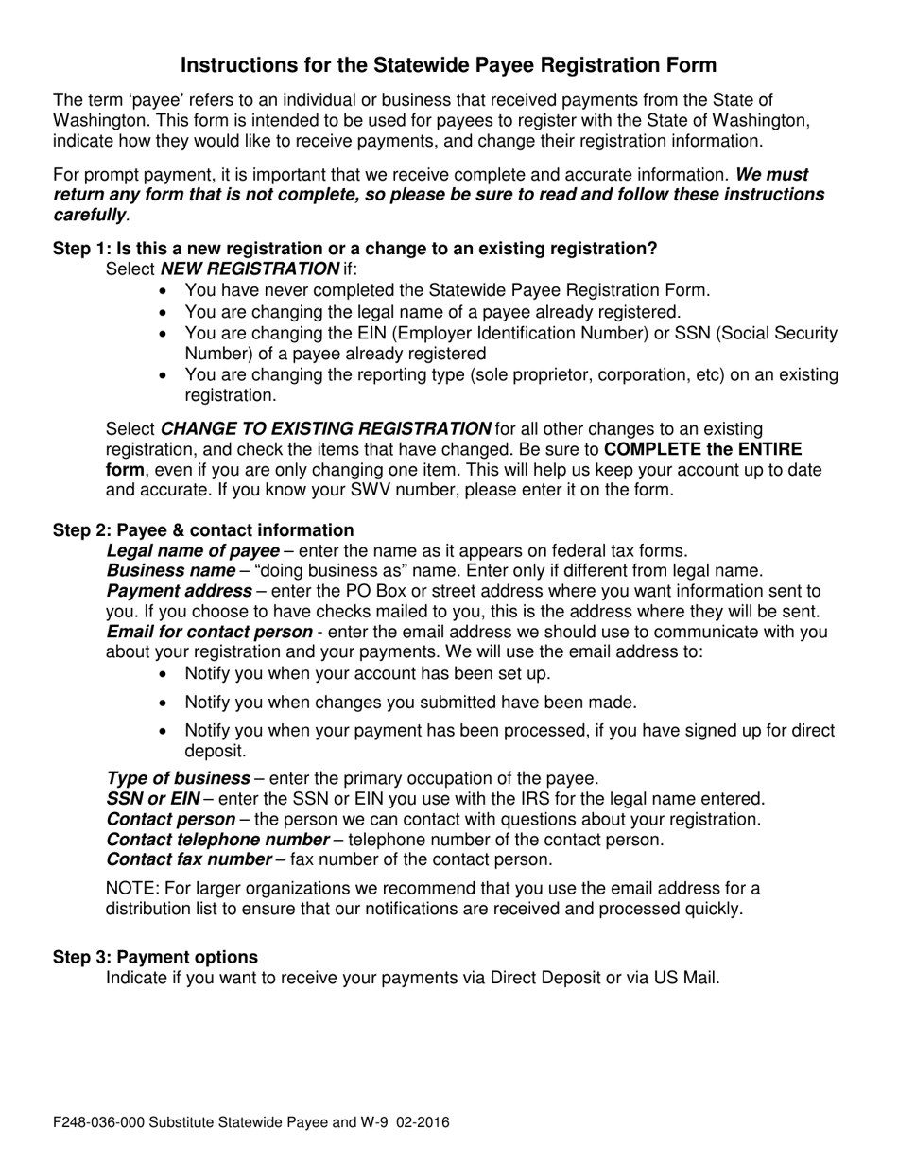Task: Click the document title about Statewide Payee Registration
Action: (448, 65)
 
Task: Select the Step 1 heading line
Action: (354, 249)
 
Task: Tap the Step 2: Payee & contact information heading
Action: (203, 530)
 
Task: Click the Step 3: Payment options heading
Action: (155, 957)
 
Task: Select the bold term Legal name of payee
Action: (193, 550)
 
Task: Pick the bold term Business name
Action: (170, 570)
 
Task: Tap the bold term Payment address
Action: (179, 591)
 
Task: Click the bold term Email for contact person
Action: (209, 632)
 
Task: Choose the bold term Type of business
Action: (178, 778)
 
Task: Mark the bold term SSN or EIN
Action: (152, 799)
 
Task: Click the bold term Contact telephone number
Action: (217, 840)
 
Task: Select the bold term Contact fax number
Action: (189, 859)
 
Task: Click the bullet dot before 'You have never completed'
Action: (164, 291)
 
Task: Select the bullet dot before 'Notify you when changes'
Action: (164, 703)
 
